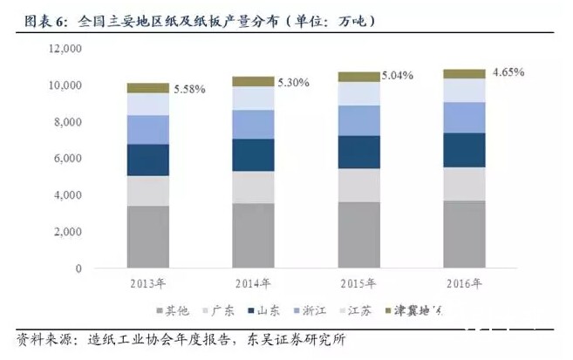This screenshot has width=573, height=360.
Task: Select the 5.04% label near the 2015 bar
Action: click(x=399, y=76)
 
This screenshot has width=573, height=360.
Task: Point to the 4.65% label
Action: click(x=507, y=72)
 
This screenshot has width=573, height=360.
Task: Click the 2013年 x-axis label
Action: click(x=147, y=282)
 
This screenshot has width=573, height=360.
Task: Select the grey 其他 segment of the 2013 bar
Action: click(x=147, y=236)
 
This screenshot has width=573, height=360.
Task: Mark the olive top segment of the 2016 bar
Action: click(x=465, y=74)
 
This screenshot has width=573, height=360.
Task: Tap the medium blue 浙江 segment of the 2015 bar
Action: click(x=358, y=120)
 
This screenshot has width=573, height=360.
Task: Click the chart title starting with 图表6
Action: click(x=201, y=18)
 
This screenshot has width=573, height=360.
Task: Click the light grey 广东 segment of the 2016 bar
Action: click(x=465, y=184)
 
